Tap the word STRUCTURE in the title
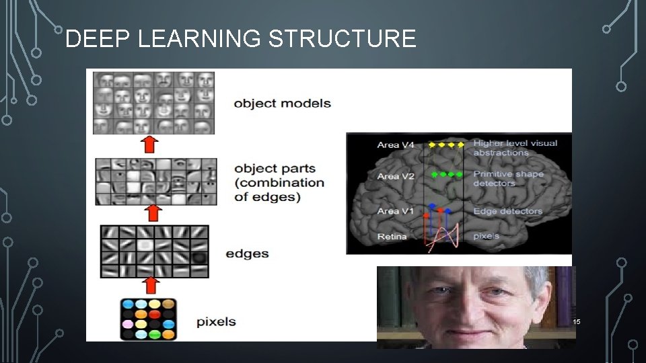(342, 39)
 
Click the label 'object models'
(282, 104)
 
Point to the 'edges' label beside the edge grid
(247, 254)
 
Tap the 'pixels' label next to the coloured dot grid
(216, 321)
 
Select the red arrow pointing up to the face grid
(151, 145)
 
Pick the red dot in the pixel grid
(155, 313)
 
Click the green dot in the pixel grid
(155, 334)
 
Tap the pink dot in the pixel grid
(127, 324)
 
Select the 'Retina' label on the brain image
(392, 237)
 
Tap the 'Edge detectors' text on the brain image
(507, 211)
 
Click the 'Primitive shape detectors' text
(507, 179)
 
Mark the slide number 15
(576, 323)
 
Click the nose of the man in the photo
(471, 309)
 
